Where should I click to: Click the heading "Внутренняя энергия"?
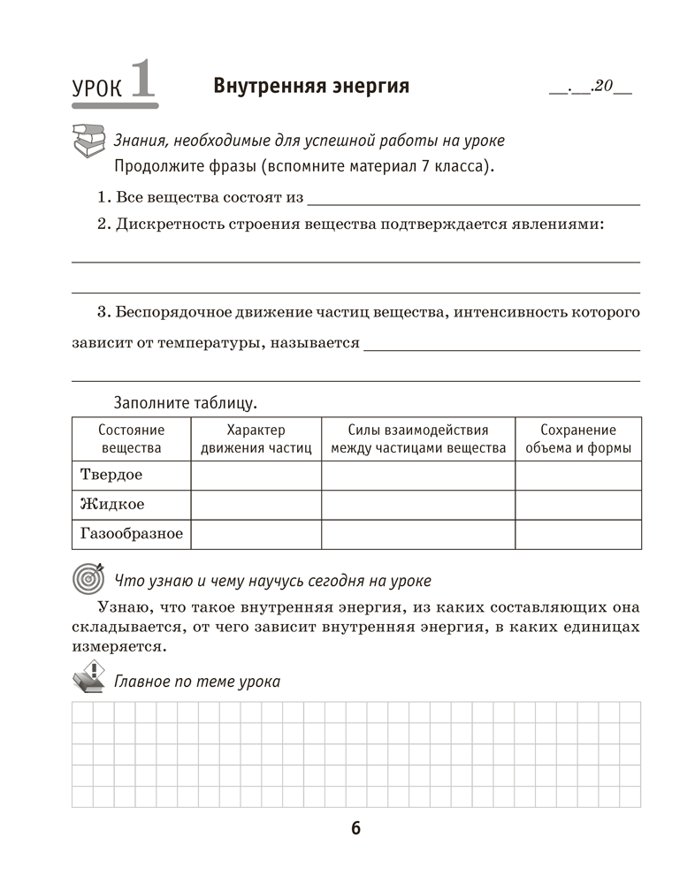pyautogui.click(x=311, y=86)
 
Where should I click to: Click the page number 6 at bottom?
pyautogui.click(x=355, y=828)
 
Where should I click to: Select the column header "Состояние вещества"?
pyautogui.click(x=131, y=438)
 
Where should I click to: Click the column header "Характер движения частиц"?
pyautogui.click(x=256, y=438)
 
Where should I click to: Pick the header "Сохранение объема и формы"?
pyautogui.click(x=578, y=438)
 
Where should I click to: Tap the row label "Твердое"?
pyautogui.click(x=111, y=475)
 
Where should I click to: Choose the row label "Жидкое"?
pyautogui.click(x=112, y=505)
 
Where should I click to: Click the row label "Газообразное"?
pyautogui.click(x=131, y=534)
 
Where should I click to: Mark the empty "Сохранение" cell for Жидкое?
pyautogui.click(x=578, y=505)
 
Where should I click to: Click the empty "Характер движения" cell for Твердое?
pyautogui.click(x=256, y=475)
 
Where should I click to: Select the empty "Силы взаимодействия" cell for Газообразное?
pyautogui.click(x=418, y=534)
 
